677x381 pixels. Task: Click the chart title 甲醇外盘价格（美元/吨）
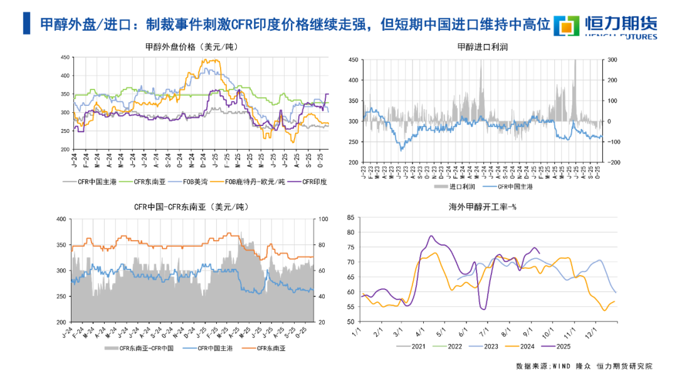192,46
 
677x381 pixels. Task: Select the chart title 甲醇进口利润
483,46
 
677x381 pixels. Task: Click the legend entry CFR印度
314,182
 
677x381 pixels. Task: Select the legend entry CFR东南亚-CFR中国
140,348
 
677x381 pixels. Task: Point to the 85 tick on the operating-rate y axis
350,217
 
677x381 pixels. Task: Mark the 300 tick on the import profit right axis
612,60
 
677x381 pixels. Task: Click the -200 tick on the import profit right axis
611,162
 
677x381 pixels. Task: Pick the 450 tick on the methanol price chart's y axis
65,58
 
